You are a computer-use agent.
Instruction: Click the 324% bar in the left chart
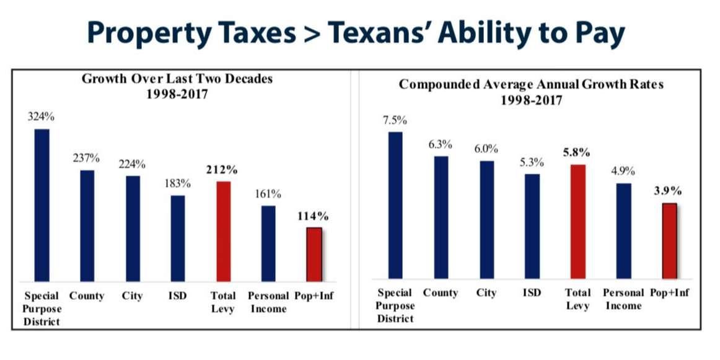[x=42, y=204]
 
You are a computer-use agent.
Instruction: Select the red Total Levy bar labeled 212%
[x=222, y=230]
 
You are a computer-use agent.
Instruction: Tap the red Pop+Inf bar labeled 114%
[x=314, y=254]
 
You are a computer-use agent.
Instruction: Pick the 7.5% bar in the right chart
[x=395, y=204]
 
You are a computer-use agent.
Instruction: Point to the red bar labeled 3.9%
[x=669, y=240]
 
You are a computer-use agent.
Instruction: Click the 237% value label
[x=87, y=158]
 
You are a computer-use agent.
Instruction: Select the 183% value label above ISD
[x=177, y=184]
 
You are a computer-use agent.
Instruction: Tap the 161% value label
[x=268, y=194]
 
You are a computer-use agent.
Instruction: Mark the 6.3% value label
[x=441, y=144]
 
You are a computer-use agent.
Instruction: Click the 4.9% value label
[x=623, y=172]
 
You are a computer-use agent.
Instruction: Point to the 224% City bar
[x=133, y=228]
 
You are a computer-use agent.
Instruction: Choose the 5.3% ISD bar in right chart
[x=532, y=226]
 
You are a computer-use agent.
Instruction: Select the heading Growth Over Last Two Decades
[x=178, y=79]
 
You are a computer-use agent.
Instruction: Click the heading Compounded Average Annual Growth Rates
[x=531, y=84]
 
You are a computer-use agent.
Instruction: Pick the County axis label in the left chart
[x=87, y=296]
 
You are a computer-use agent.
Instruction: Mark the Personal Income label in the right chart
[x=623, y=299]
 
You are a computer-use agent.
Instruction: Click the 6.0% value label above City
[x=487, y=149]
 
